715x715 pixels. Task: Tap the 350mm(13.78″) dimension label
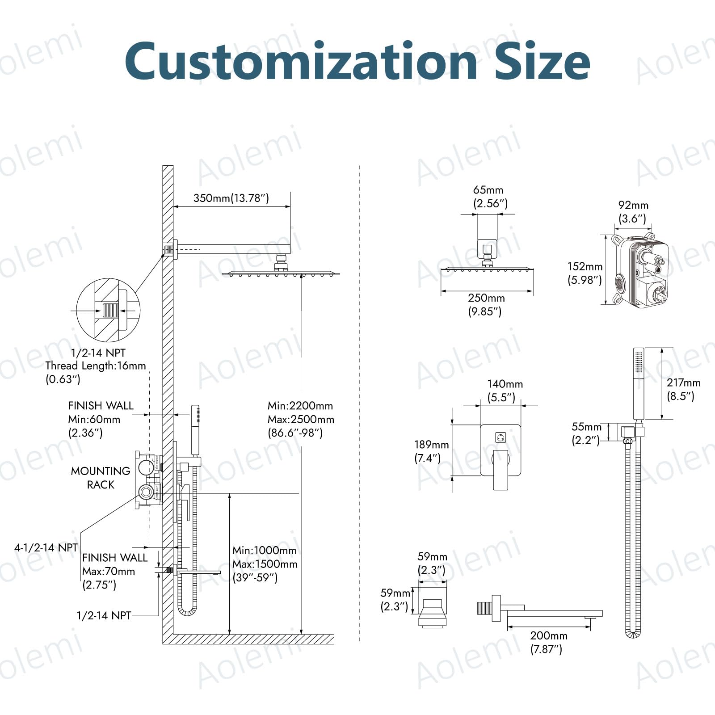click(231, 198)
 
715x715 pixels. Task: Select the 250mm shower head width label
click(486, 298)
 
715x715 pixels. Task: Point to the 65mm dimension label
click(488, 190)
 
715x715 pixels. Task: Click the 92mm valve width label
click(633, 205)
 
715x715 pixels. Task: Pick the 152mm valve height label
click(585, 267)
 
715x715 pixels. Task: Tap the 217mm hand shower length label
click(684, 383)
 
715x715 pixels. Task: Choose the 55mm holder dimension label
click(586, 427)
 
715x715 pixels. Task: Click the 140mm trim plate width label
click(505, 384)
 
